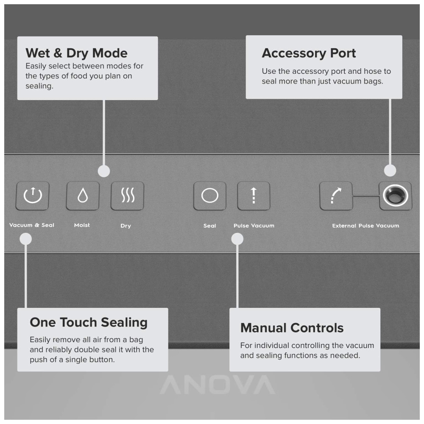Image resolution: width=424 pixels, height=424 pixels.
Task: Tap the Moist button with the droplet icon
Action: [83, 196]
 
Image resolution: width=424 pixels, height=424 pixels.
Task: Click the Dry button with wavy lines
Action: [127, 196]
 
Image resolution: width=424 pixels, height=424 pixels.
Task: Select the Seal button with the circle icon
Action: [209, 196]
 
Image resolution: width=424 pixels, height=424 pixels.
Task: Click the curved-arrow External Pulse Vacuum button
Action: [336, 196]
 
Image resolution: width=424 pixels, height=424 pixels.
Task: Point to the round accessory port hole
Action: [395, 195]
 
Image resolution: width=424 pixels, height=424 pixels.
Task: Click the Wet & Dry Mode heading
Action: [76, 53]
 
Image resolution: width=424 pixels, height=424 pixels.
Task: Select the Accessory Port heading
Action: [309, 53]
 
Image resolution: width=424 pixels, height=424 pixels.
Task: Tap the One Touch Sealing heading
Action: [89, 322]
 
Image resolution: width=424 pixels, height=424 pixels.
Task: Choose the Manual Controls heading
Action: [292, 328]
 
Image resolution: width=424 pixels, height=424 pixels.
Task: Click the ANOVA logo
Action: [217, 385]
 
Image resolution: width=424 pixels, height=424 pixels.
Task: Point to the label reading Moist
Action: [82, 225]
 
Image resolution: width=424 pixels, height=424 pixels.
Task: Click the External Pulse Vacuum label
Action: [365, 226]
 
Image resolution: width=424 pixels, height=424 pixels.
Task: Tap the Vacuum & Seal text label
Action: [32, 225]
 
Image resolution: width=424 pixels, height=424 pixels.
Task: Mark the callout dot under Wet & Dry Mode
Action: [104, 171]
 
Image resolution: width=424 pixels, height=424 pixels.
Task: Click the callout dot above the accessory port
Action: [390, 170]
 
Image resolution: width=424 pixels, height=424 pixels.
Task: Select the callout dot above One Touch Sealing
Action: [26, 239]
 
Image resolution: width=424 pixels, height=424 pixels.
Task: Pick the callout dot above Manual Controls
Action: [237, 239]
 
